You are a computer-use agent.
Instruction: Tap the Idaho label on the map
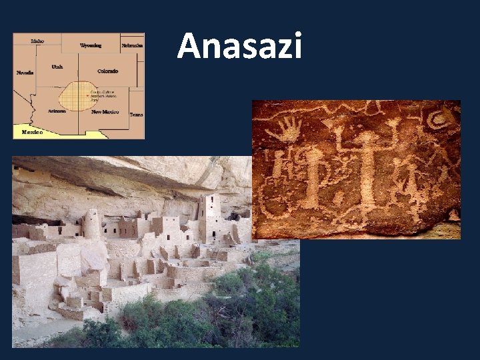click(37, 41)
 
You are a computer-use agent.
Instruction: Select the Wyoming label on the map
click(91, 45)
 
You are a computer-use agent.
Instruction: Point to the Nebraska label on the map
click(132, 45)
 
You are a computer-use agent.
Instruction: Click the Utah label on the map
click(57, 67)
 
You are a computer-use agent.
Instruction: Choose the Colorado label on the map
click(107, 71)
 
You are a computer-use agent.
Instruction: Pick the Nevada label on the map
click(25, 72)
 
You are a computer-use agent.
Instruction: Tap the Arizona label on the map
click(56, 111)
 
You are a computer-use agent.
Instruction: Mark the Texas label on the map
click(136, 115)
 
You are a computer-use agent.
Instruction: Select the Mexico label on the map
click(32, 132)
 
